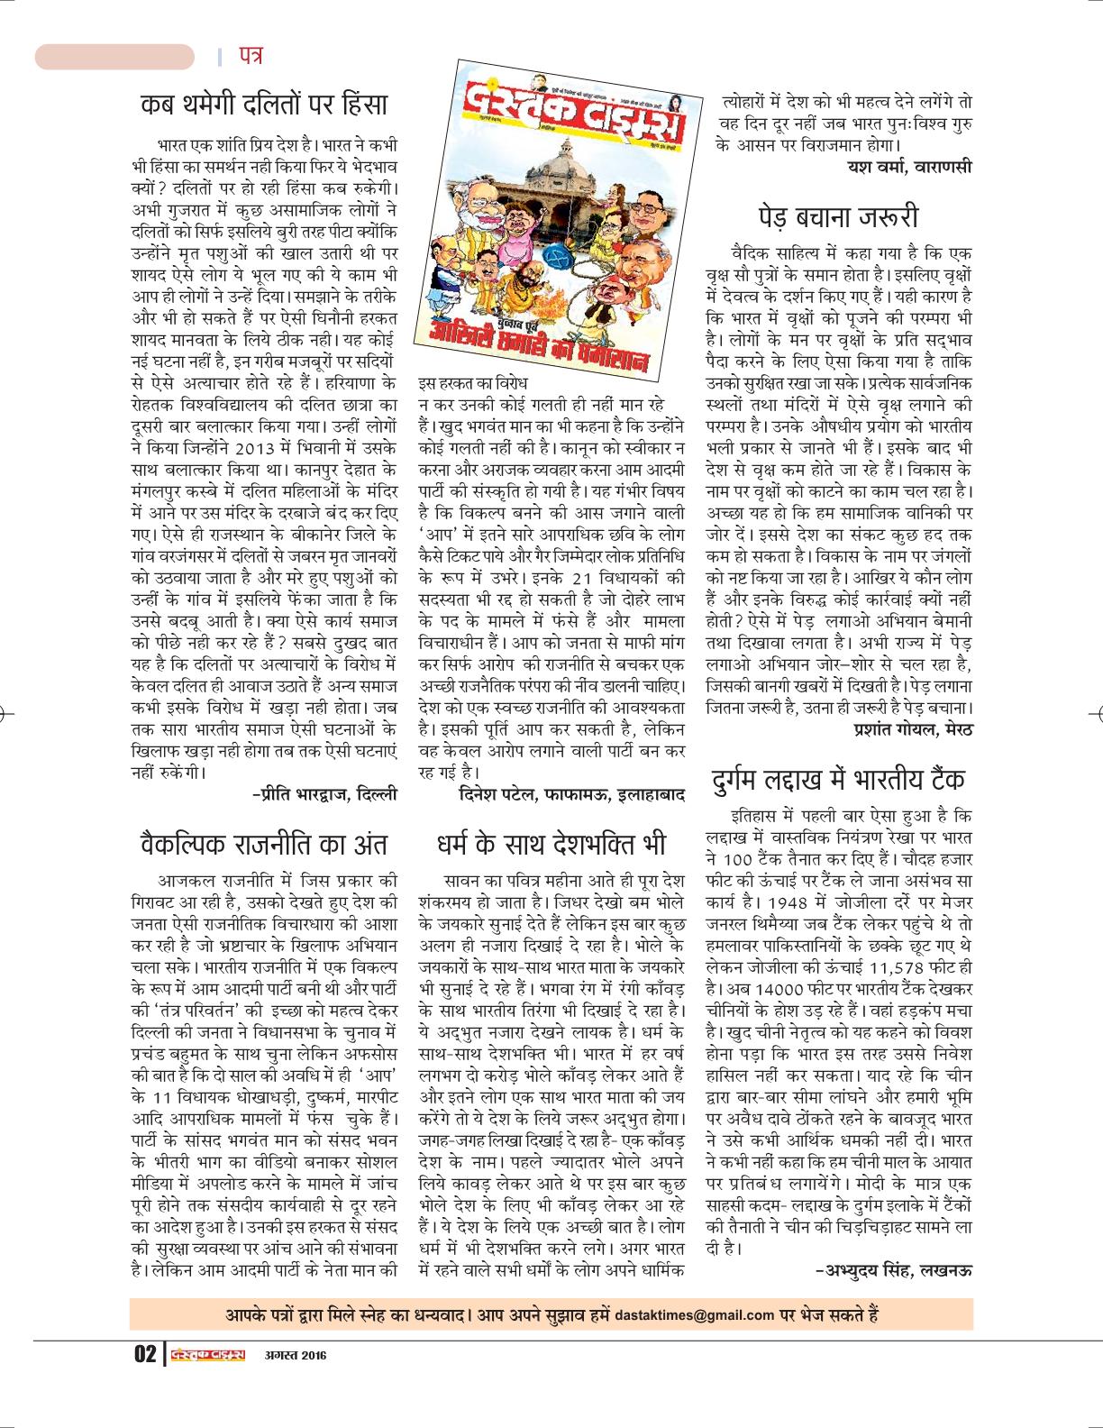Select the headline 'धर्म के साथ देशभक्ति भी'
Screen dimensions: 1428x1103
click(x=550, y=845)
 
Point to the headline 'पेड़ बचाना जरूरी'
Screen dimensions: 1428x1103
click(x=838, y=217)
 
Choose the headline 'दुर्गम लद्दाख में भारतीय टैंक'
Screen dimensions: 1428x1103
click(x=837, y=778)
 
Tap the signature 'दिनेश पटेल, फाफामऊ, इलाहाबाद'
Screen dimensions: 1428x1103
click(x=571, y=794)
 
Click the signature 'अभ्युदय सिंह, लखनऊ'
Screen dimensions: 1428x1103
click(x=891, y=1270)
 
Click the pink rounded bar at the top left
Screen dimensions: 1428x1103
click(x=114, y=57)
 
